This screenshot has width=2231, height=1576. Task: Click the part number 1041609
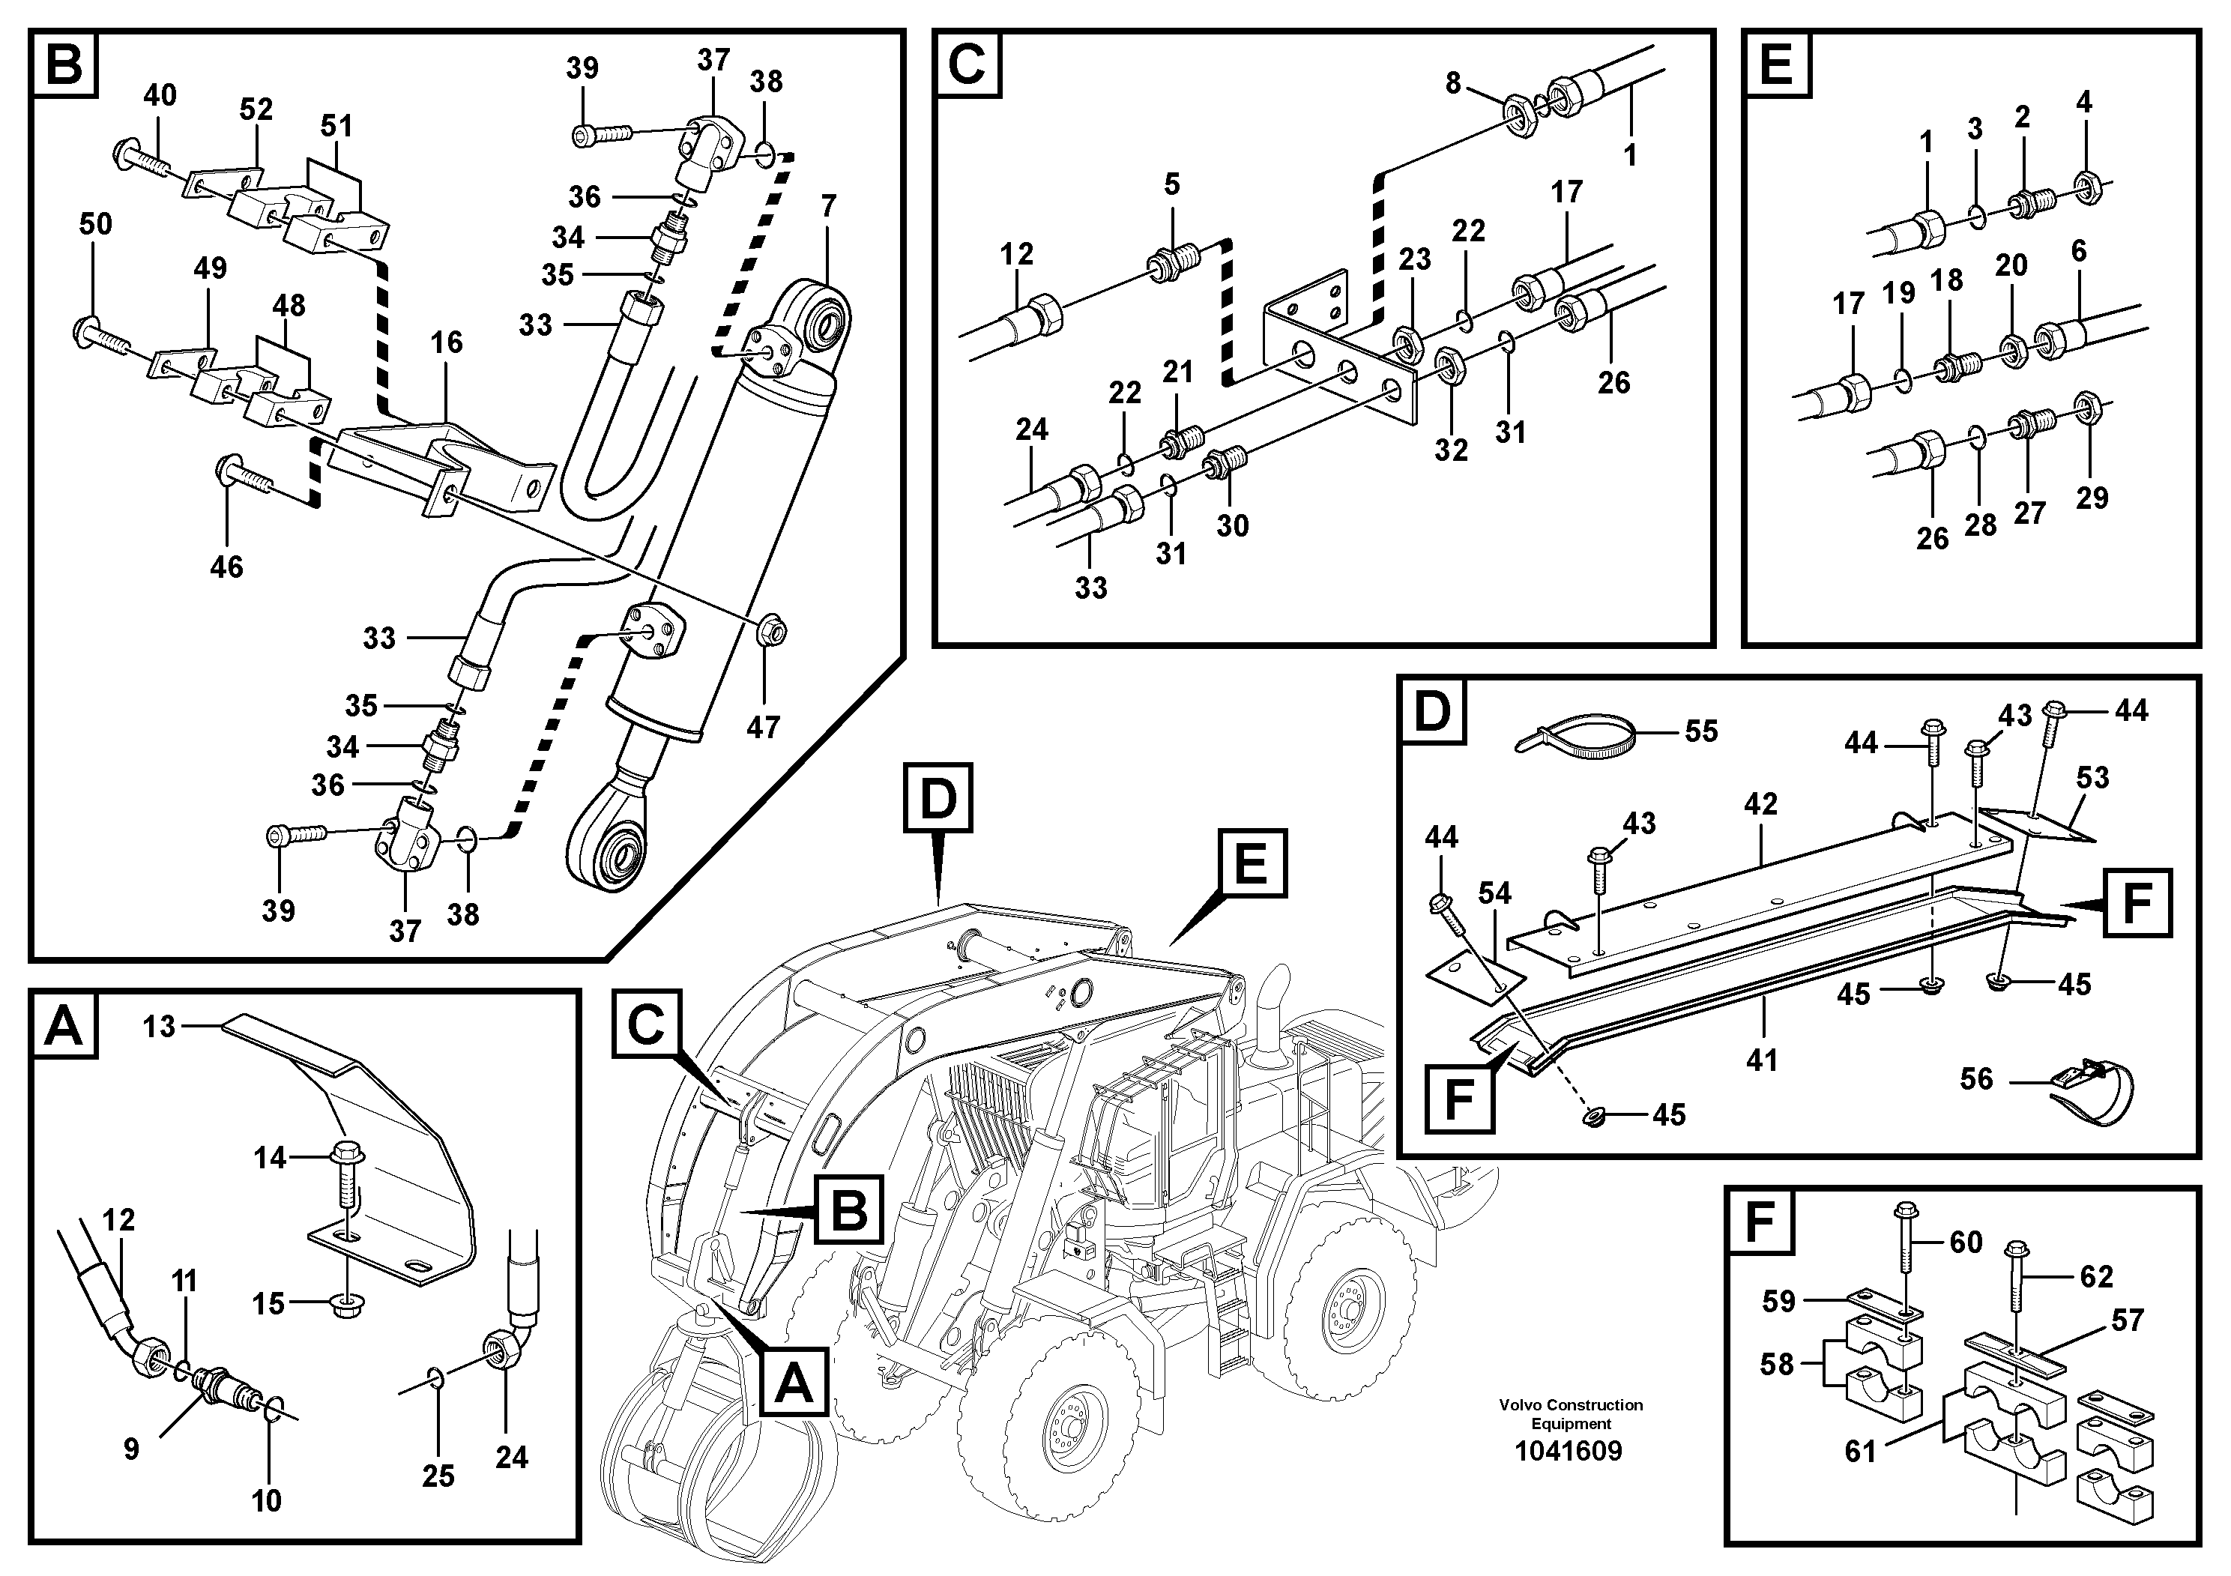pos(1569,1452)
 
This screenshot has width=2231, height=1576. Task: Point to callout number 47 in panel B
pos(763,727)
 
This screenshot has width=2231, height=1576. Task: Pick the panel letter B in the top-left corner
pos(65,65)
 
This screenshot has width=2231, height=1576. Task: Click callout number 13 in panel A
pos(160,1026)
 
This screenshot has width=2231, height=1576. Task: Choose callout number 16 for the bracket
pos(447,342)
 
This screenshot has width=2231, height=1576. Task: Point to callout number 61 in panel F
pos(1860,1451)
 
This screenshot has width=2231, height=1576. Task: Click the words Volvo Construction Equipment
pos(1570,1413)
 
